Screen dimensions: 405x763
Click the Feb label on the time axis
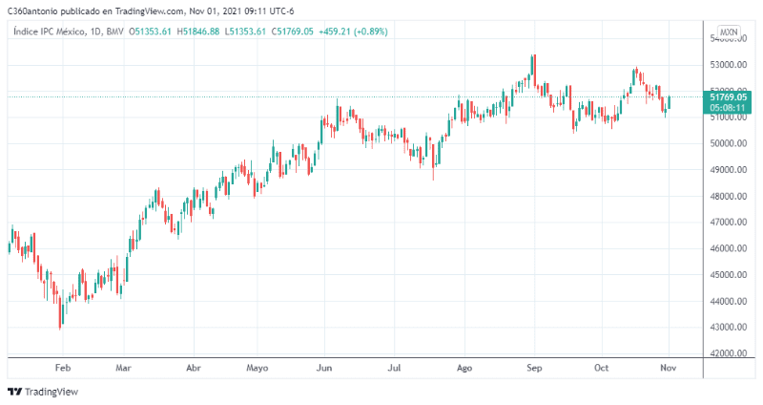pos(63,367)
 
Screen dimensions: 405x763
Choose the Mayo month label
pos(258,367)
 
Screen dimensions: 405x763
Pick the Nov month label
pos(669,367)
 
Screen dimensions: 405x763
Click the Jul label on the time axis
pos(394,367)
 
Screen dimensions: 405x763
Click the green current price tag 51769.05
pos(728,96)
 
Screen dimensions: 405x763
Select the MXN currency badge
pos(729,32)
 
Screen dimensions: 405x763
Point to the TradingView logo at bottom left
pos(43,392)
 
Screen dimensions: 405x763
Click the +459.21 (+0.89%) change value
pos(359,32)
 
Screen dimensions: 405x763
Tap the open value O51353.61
pos(151,32)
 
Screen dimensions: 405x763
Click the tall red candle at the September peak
pos(534,71)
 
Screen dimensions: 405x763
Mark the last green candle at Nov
pos(669,102)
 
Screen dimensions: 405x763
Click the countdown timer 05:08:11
pos(728,108)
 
